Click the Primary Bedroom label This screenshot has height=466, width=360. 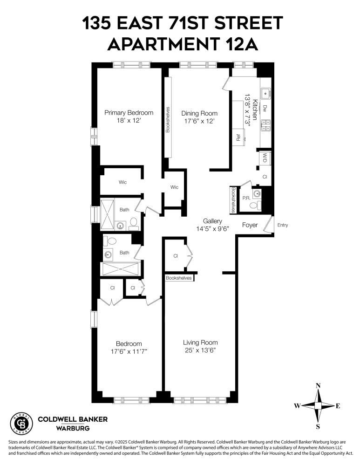[129, 113]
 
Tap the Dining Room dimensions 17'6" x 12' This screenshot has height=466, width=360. [199, 121]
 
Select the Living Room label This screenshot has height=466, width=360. [200, 343]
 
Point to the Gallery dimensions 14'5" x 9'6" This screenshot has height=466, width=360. [212, 229]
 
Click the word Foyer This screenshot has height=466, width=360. [250, 225]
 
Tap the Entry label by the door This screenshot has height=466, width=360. [283, 225]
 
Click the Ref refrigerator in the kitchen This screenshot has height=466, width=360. [238, 138]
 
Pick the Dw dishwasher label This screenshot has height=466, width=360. [265, 108]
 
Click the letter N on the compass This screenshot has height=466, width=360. [318, 385]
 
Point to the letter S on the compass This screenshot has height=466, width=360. [318, 426]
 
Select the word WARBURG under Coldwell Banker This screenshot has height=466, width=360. [73, 428]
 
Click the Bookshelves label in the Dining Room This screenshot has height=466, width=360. [168, 120]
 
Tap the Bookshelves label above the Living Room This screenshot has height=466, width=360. [179, 278]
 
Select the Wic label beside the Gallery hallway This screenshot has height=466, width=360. [174, 187]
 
